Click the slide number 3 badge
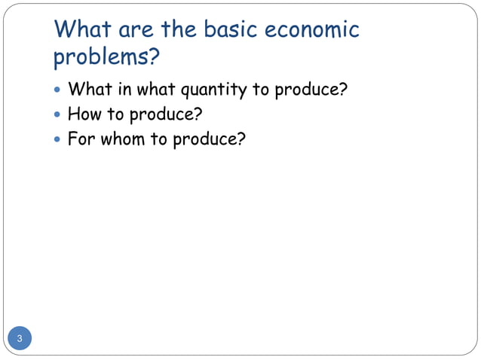[x=20, y=338]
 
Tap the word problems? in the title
[x=108, y=56]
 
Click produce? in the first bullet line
[x=310, y=90]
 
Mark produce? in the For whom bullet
[x=209, y=140]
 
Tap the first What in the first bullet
[x=89, y=90]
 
